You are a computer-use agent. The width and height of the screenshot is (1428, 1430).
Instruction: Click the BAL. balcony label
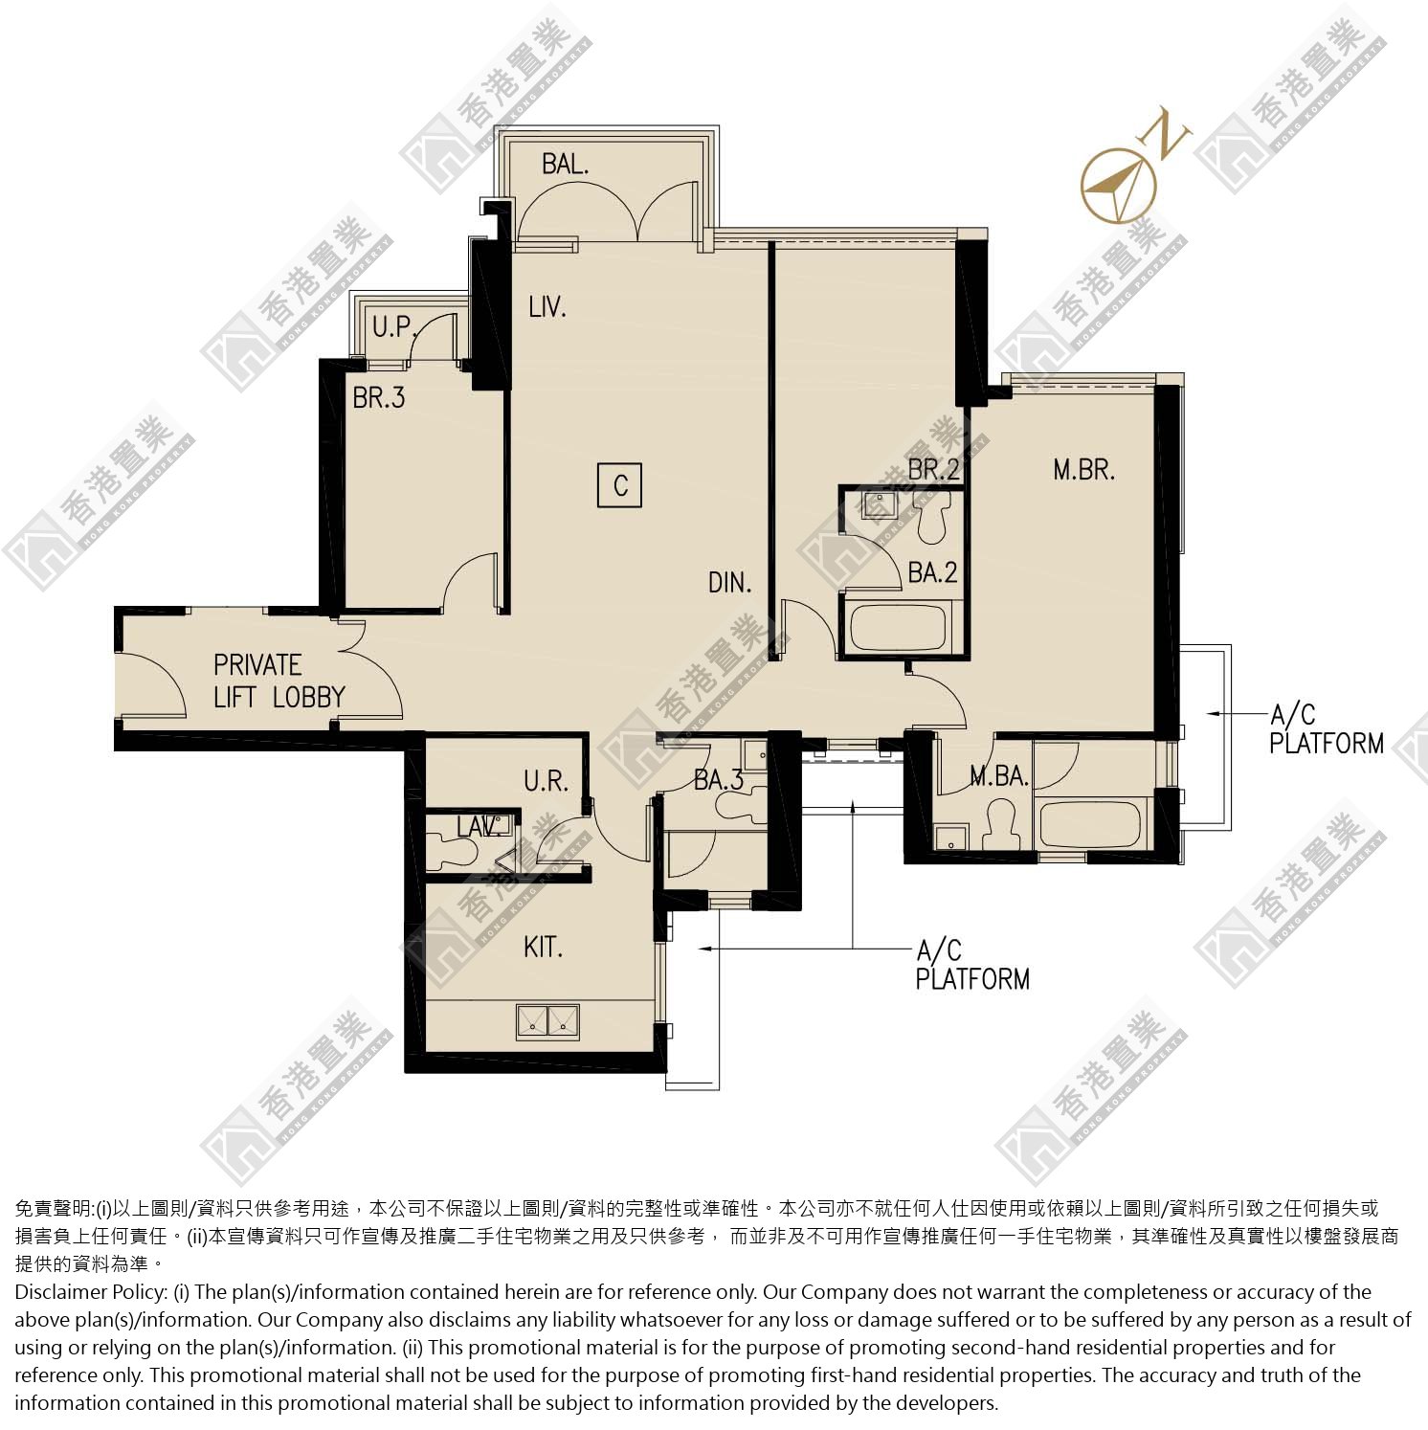[565, 164]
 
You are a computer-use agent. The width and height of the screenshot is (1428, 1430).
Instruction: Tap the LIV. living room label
[547, 307]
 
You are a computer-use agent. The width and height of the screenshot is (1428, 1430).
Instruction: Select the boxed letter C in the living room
[620, 485]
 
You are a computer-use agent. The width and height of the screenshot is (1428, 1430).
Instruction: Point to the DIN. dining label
[730, 581]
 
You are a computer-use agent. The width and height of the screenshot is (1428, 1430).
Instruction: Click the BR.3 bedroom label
[379, 397]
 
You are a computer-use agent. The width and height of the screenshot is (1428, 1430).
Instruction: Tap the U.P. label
[392, 327]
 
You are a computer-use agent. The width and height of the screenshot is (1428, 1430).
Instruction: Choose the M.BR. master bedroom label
[1084, 470]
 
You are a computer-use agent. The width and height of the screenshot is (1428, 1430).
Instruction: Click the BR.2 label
[933, 470]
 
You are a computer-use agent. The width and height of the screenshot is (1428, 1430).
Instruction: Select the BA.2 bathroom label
[932, 572]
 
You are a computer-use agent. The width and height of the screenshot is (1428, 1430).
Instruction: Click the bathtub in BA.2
[899, 628]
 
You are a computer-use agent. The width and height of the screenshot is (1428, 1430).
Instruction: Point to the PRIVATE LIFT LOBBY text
[279, 681]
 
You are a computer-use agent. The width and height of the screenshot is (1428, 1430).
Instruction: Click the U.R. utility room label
[547, 782]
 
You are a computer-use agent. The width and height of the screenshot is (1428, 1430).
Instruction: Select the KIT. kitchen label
[543, 948]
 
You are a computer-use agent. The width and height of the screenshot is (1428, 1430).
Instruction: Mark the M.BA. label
[999, 776]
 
